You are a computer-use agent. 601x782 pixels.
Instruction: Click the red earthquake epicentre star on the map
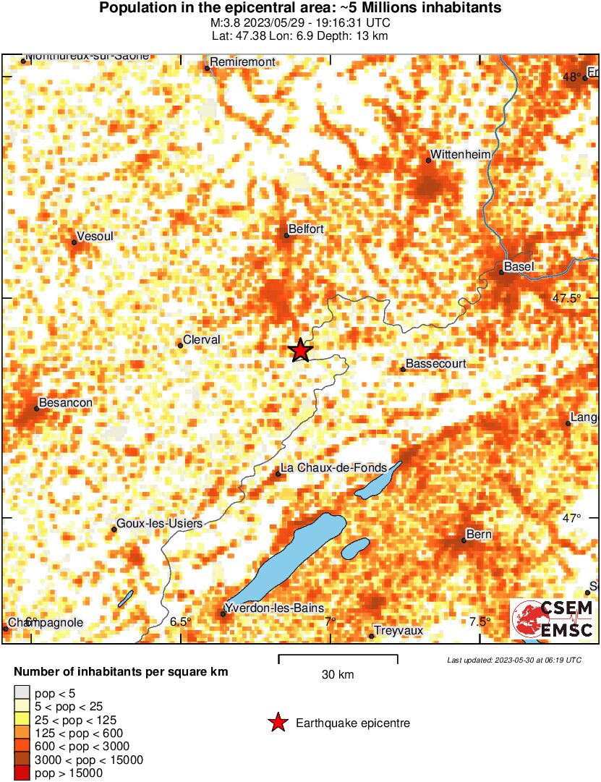click(300, 351)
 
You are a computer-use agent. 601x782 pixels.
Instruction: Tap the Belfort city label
click(306, 229)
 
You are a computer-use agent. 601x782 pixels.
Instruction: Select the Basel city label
click(519, 266)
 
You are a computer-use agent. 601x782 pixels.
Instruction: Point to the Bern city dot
click(464, 540)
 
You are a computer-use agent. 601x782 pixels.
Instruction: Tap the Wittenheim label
click(461, 154)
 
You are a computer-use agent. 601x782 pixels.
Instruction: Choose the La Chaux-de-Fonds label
click(333, 468)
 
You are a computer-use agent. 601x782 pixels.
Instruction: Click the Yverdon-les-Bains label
click(275, 608)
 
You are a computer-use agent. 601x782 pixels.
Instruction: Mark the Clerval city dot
click(181, 345)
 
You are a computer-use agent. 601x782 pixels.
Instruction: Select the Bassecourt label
click(436, 364)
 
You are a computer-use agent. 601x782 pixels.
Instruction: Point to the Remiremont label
click(243, 62)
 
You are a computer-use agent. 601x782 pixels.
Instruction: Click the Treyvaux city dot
click(372, 636)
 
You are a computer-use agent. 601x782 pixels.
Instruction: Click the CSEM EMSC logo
click(553, 619)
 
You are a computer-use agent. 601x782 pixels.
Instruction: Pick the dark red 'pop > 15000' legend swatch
click(22, 773)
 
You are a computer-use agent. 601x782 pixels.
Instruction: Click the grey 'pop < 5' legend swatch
click(22, 693)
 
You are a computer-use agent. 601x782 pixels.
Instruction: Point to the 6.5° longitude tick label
click(181, 621)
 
